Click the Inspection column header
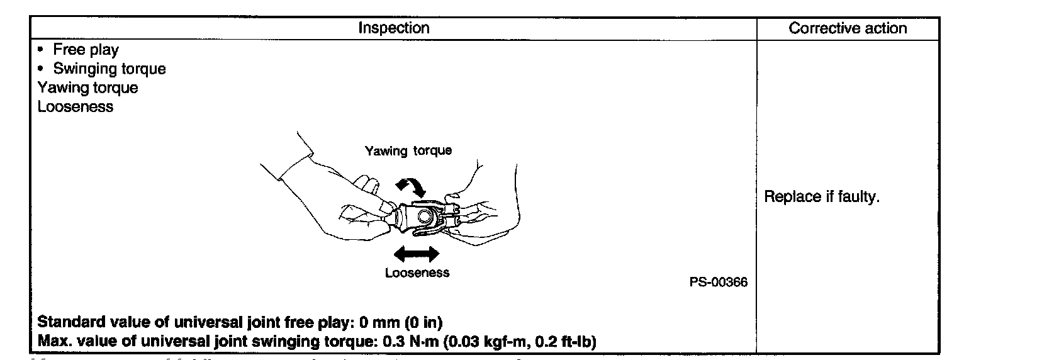click(x=393, y=28)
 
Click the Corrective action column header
click(x=848, y=28)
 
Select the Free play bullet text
click(x=86, y=50)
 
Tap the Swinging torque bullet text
click(x=109, y=69)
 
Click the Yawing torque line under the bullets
click(x=87, y=87)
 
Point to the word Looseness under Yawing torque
click(x=76, y=106)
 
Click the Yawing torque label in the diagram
click(x=408, y=151)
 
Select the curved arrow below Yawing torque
click(x=410, y=186)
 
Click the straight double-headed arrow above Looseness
click(x=416, y=254)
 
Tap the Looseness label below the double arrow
click(x=417, y=273)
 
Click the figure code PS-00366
click(x=719, y=283)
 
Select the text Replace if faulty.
click(x=821, y=197)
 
